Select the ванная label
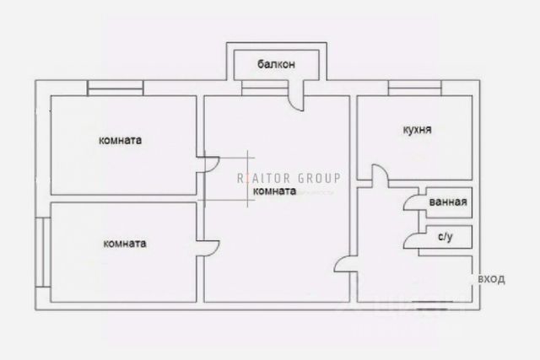pos(446,203)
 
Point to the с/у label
pos(445,239)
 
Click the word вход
pos(491,278)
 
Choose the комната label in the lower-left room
pos(124,244)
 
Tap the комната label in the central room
pos(274,191)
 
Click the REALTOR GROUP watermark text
pos(288,178)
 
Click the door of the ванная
pos(409,203)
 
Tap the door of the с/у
pos(411,239)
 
